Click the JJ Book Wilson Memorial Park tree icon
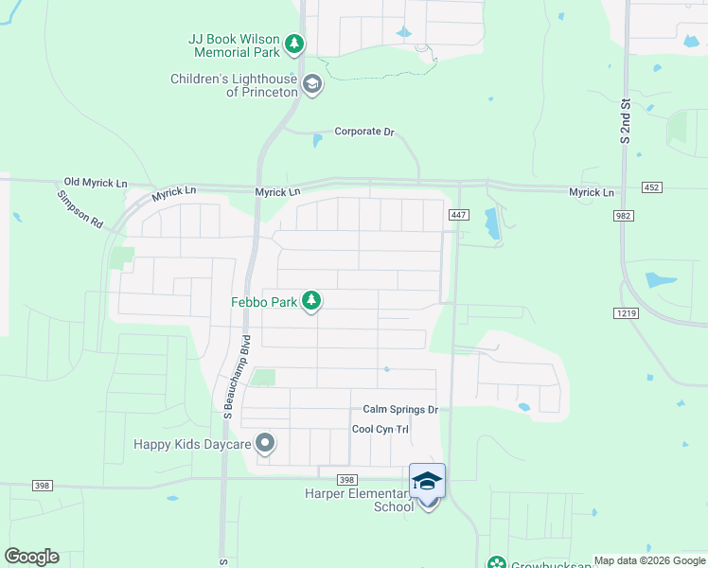click(294, 44)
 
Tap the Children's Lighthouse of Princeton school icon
click(311, 86)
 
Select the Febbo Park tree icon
click(311, 302)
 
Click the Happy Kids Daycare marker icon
click(266, 443)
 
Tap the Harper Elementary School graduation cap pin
click(427, 483)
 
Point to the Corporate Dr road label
click(363, 132)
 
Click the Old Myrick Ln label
click(96, 182)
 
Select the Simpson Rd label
click(80, 210)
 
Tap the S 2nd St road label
click(626, 120)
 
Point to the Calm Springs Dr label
click(400, 410)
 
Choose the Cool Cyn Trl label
click(380, 429)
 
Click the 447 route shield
click(458, 215)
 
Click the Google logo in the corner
click(31, 557)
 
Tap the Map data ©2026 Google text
click(649, 560)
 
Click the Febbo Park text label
click(264, 303)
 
